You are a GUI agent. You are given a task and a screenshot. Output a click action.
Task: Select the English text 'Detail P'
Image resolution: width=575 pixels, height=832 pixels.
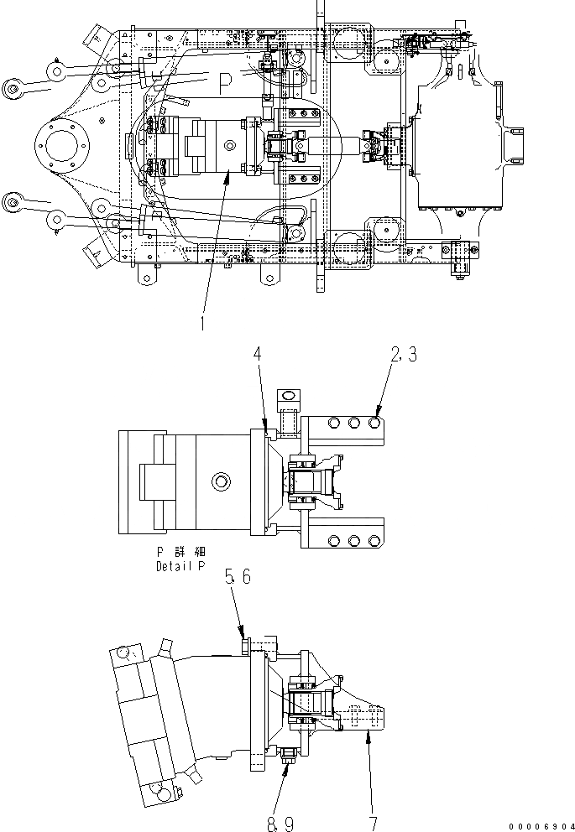coord(179,566)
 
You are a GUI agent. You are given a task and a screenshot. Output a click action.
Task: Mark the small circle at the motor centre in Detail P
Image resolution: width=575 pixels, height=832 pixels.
coord(221,481)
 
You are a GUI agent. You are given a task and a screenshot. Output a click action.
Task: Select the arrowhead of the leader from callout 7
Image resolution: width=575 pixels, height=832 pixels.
coord(367,729)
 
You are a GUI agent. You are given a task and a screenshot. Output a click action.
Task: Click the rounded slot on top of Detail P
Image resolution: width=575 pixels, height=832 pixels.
coord(288,395)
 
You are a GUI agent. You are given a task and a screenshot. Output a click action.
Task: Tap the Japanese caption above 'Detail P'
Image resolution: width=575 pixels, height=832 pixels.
coord(180,552)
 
